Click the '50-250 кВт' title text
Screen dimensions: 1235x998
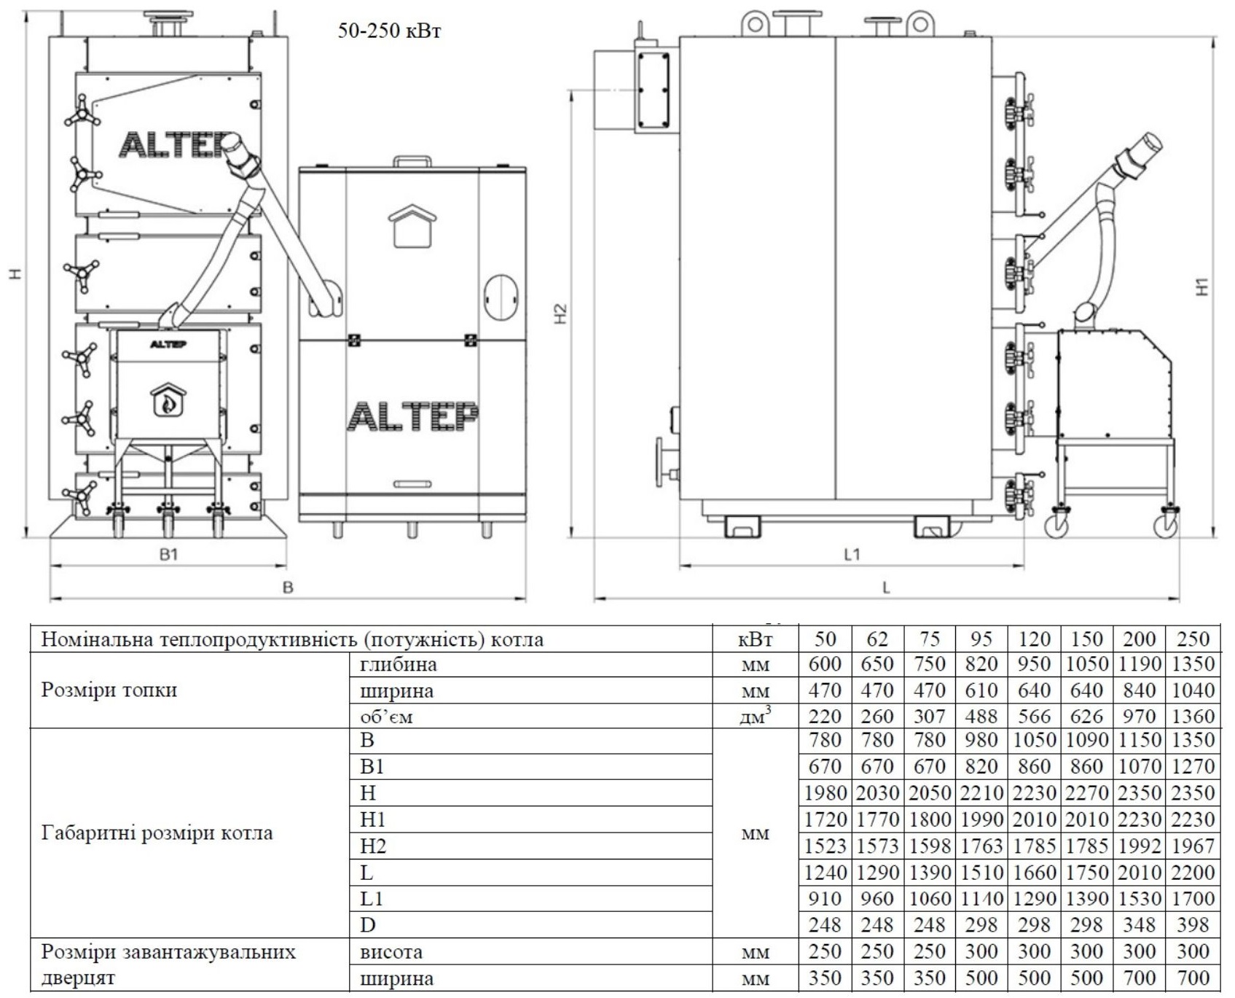tap(389, 31)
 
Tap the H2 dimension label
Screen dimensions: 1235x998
tap(560, 314)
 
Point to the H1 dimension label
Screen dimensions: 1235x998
tap(1202, 286)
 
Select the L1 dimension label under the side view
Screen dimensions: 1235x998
tap(852, 555)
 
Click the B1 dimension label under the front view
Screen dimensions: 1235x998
tap(169, 555)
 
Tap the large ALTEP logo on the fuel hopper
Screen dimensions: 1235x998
tap(412, 417)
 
